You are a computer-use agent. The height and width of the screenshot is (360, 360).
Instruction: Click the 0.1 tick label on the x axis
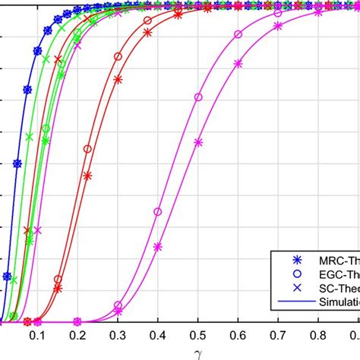77,335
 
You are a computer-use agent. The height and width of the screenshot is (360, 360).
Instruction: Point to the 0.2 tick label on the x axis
117,335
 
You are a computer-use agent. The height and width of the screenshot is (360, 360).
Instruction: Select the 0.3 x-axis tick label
157,335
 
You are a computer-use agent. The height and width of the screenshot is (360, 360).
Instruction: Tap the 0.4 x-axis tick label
197,335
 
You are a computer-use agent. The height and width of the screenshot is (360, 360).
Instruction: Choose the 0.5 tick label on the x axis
238,335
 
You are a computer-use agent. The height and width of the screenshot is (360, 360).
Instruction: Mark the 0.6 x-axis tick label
278,335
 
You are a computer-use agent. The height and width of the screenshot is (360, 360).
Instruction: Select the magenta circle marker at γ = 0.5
198,97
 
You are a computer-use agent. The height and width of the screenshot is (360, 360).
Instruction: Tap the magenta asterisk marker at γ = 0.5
198,142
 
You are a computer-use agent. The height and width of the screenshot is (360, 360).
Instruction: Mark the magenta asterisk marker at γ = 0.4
158,246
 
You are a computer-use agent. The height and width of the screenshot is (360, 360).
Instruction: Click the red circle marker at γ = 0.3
118,56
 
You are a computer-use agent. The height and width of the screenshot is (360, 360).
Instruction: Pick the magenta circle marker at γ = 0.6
238,34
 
